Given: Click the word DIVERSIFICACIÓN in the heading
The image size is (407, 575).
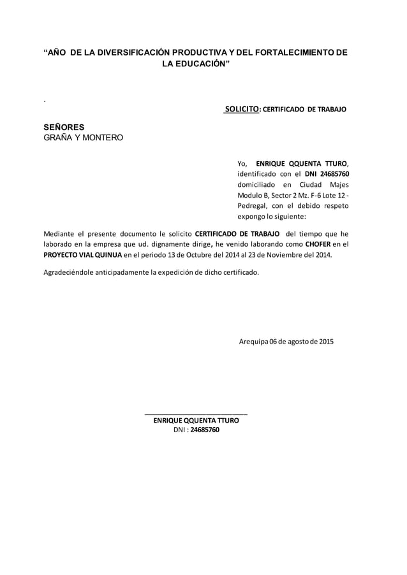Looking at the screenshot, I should tap(129, 53).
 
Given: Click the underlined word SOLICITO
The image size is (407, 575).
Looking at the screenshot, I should tap(242, 109).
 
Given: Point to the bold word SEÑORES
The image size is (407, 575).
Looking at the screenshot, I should tap(64, 127).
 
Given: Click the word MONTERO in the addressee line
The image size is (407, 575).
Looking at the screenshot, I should tap(103, 137).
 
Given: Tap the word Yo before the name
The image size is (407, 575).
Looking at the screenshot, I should tap(241, 163).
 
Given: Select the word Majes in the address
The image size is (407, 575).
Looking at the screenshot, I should tap(339, 184).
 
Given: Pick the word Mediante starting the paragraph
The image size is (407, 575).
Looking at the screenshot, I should tap(59, 233).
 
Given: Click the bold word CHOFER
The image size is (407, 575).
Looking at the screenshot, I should tap(318, 244).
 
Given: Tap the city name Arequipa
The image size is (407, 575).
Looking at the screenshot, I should tap(253, 341).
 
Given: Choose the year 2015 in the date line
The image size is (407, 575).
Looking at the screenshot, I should tap(325, 341).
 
